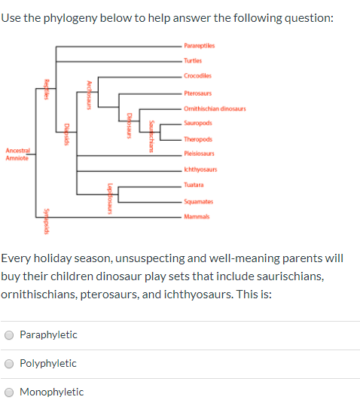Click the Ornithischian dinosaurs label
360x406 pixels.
(x=214, y=108)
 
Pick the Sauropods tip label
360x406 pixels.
(x=198, y=124)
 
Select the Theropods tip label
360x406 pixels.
(x=198, y=139)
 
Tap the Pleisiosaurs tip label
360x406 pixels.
(x=199, y=154)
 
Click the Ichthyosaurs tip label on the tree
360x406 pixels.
(x=200, y=170)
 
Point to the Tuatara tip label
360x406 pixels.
(x=194, y=185)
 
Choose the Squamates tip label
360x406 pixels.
(x=199, y=201)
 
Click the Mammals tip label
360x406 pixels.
(x=196, y=217)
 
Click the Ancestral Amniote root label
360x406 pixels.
(x=17, y=154)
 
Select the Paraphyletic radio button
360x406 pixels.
(x=9, y=334)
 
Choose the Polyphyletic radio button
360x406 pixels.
(x=9, y=363)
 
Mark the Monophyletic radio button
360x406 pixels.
(x=9, y=392)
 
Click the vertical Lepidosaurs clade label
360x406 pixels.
(x=111, y=198)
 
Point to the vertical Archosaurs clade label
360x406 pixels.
(x=90, y=94)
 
